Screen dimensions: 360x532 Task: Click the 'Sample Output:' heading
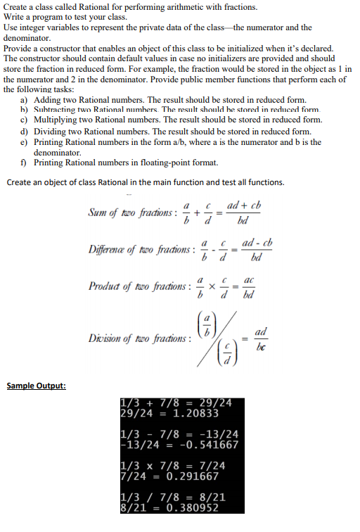[36, 386]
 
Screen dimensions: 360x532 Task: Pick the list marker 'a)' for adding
[25, 99]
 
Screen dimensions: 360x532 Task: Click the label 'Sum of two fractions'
[130, 213]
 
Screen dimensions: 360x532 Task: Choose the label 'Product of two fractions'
[135, 288]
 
